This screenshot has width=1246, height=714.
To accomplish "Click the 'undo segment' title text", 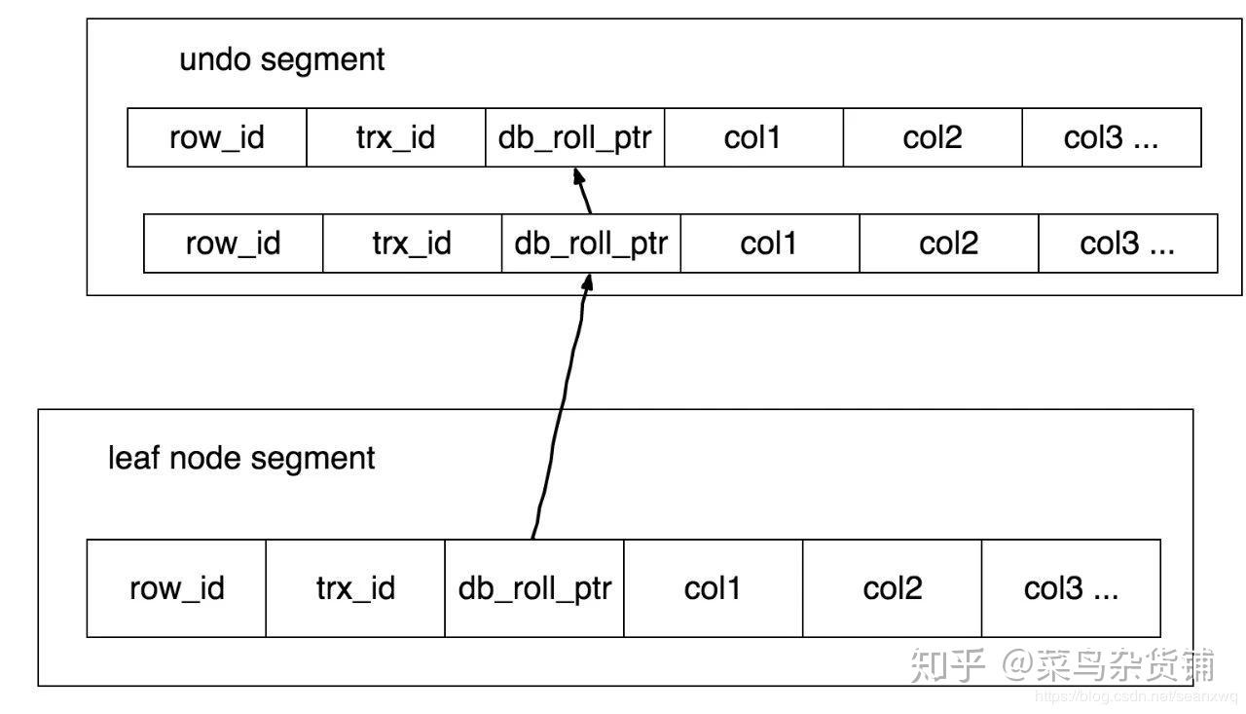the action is pyautogui.click(x=282, y=60).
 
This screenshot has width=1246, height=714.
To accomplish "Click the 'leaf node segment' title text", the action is pyautogui.click(x=241, y=459).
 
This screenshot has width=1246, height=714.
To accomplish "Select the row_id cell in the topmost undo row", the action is pyautogui.click(x=217, y=137).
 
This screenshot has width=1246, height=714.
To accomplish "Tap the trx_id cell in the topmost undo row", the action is pyautogui.click(x=396, y=137).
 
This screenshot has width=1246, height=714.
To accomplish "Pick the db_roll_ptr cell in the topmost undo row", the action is pyautogui.click(x=575, y=137).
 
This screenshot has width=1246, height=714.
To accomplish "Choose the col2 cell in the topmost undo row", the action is pyautogui.click(x=933, y=137).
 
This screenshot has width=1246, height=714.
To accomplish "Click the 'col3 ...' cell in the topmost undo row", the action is pyautogui.click(x=1112, y=137).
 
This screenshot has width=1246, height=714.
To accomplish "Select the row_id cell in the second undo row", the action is pyautogui.click(x=233, y=244).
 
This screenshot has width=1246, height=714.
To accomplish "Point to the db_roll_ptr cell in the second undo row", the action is pyautogui.click(x=591, y=244).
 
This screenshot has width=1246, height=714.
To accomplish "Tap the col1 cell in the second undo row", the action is pyautogui.click(x=770, y=244).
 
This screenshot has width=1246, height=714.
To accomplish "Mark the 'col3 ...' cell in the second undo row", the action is pyautogui.click(x=1128, y=244).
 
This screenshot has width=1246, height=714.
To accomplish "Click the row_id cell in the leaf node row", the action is pyautogui.click(x=176, y=588).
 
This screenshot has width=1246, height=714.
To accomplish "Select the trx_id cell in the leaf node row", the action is pyautogui.click(x=355, y=588).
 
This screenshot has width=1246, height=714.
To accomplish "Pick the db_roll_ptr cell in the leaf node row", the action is pyautogui.click(x=534, y=588).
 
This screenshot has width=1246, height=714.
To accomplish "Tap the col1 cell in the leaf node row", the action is pyautogui.click(x=714, y=588).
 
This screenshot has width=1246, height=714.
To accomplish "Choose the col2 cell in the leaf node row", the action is pyautogui.click(x=893, y=588).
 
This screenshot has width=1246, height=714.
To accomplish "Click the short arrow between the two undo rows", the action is pyautogui.click(x=583, y=191).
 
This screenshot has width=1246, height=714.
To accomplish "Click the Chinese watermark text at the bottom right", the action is pyautogui.click(x=1062, y=664).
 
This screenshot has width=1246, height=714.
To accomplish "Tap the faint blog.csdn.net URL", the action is pyautogui.click(x=1136, y=696).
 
